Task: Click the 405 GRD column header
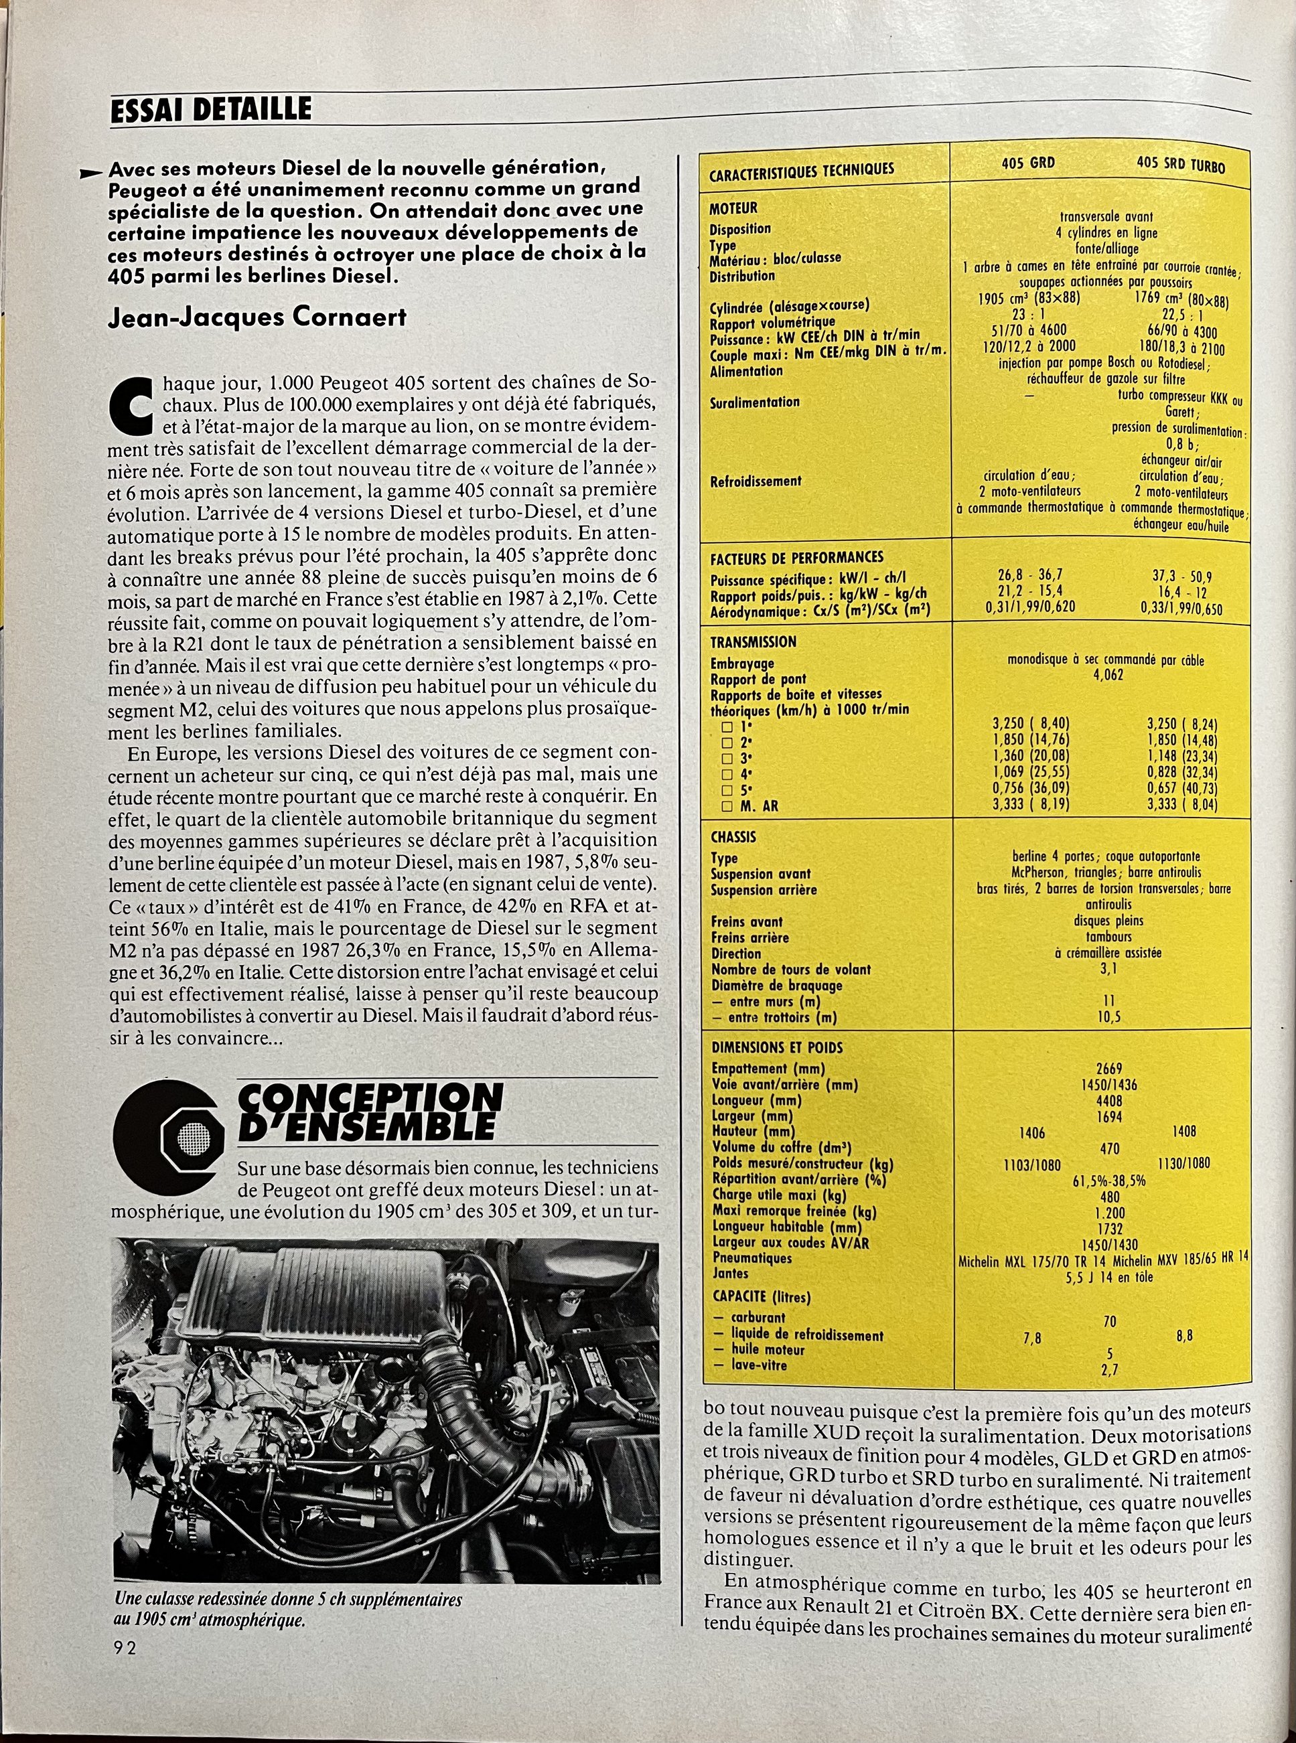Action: coord(1027,163)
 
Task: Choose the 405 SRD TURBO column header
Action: coord(1180,165)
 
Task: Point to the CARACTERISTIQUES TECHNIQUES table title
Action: coord(801,169)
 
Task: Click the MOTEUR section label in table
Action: coord(733,209)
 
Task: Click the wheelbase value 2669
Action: coord(1109,1069)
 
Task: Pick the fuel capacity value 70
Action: coord(1109,1321)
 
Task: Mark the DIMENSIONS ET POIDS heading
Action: coord(777,1047)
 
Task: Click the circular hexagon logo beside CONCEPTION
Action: coord(169,1134)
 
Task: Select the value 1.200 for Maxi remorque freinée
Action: coord(1109,1212)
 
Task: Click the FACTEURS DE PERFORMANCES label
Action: coord(796,558)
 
